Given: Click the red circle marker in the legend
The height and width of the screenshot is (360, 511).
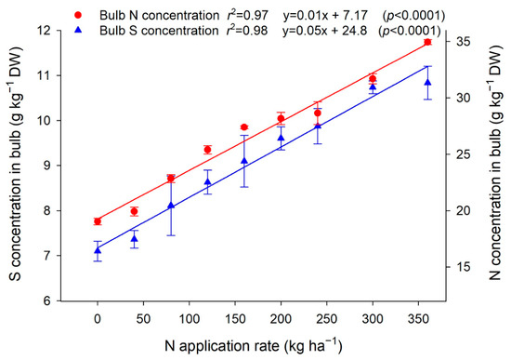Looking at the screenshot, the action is tap(78, 15).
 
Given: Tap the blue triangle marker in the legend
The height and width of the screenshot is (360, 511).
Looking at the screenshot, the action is tap(78, 30).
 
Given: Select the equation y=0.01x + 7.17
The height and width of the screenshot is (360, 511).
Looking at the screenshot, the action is tap(325, 15).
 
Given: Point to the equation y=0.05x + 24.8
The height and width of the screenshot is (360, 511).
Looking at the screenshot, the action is tap(325, 31).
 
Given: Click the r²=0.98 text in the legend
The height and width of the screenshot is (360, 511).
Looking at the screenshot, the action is tap(247, 30).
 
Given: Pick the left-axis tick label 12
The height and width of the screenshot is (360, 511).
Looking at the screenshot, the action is tap(46, 31).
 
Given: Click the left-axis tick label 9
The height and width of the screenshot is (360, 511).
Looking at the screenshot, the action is tap(49, 166).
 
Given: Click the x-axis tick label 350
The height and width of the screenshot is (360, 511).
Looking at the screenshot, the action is tap(419, 318).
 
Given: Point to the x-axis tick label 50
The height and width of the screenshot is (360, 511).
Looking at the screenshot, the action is tap(143, 318).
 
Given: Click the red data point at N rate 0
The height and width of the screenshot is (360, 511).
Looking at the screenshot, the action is tap(98, 221).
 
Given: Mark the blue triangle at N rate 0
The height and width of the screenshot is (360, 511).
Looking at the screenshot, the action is tap(98, 250).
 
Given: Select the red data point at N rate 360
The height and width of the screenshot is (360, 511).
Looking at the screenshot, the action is tap(428, 42).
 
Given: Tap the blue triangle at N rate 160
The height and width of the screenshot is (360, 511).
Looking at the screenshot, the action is tap(244, 161).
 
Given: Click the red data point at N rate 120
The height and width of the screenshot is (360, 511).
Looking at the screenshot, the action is tap(207, 150).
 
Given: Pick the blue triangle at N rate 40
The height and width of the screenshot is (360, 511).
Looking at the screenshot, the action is tap(135, 239).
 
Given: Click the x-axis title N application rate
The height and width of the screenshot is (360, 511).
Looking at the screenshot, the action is tap(254, 346).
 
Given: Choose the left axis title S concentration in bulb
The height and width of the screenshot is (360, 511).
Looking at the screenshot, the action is tap(15, 164).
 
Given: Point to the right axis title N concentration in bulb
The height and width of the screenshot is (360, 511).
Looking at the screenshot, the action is tap(495, 164).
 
